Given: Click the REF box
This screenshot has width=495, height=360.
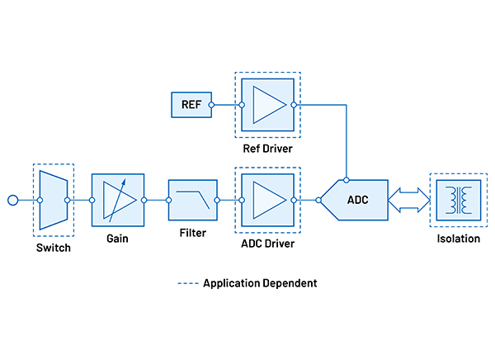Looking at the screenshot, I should pos(191,105).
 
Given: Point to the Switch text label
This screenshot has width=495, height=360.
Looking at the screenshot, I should pos(54,248).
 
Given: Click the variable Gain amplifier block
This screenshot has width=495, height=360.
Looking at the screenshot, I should pos(118,199).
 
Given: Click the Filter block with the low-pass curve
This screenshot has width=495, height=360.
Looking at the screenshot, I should pos(192,199).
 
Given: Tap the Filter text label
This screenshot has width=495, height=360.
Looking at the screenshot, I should pos(192,233).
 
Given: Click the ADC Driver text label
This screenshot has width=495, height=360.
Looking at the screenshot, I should pos(267,244).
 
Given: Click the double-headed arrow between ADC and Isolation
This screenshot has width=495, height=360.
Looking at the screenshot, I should pos(408,200).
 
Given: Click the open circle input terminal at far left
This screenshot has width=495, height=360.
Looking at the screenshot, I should pos(12,200).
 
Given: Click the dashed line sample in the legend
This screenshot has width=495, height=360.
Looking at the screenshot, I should pos(188,282).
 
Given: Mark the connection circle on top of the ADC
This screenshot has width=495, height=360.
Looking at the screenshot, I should pos(347,178).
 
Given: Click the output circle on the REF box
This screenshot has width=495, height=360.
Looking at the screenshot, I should pos(211,105).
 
